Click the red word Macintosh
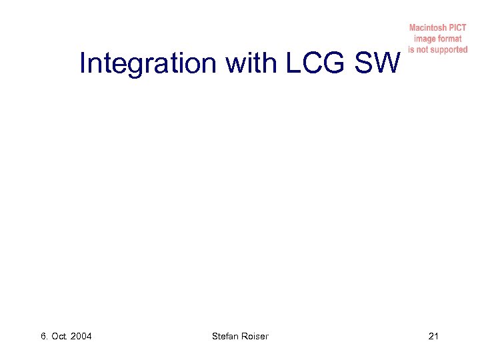coord(427,28)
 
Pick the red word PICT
coord(457,28)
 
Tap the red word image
coord(425,39)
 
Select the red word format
coord(450,39)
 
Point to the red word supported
coord(451,49)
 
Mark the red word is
coord(412,49)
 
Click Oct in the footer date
coord(60,336)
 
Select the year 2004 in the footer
coord(81,336)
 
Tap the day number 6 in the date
coord(43,336)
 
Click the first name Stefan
coord(225,336)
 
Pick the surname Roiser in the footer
coord(255,336)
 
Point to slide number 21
coord(433,336)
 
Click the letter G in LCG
coord(336,64)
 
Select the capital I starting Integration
coord(82,64)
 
